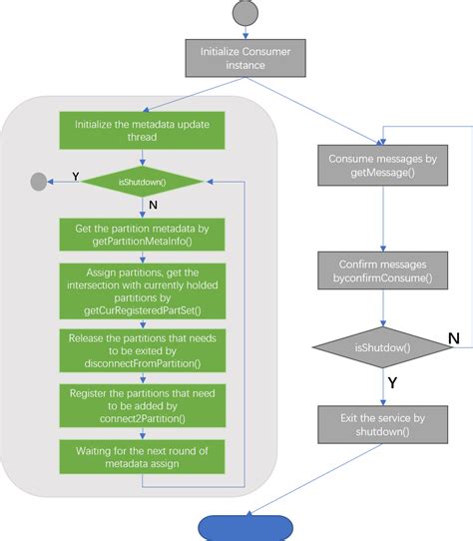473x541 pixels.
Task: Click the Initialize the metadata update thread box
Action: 142,130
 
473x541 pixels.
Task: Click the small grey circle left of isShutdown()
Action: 39,182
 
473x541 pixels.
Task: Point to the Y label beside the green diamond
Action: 74,176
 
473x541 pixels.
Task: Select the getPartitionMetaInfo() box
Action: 142,236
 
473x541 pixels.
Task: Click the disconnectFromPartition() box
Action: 142,350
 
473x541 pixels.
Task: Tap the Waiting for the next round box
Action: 142,457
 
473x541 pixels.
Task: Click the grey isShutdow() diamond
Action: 384,346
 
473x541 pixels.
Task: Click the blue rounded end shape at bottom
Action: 245,528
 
